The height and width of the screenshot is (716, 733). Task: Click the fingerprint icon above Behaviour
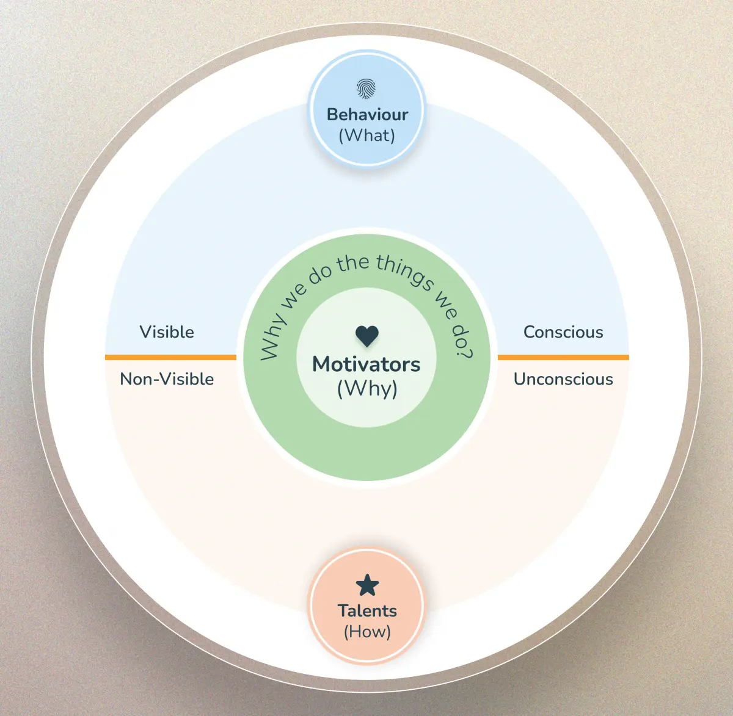point(366,89)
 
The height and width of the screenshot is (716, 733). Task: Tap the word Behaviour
point(367,115)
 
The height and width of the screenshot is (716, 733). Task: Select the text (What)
point(367,136)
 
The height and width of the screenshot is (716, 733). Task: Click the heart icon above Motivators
point(367,336)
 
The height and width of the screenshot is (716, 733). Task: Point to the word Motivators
point(366,364)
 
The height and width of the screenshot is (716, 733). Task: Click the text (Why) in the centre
point(367,389)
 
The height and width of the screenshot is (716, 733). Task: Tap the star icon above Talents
point(367,585)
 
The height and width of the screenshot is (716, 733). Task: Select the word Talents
point(367,611)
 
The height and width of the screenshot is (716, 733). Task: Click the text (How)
point(367,632)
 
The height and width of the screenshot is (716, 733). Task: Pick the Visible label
point(167,332)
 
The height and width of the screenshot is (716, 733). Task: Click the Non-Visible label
point(167,379)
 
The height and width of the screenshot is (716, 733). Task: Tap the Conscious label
point(563,332)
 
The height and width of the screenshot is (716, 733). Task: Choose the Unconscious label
point(563,379)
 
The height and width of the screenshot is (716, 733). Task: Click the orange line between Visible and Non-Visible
point(170,357)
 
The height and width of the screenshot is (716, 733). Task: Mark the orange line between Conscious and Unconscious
point(563,357)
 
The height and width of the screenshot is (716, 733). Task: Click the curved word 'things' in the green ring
point(404,272)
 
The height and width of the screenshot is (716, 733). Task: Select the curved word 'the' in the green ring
point(353,264)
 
